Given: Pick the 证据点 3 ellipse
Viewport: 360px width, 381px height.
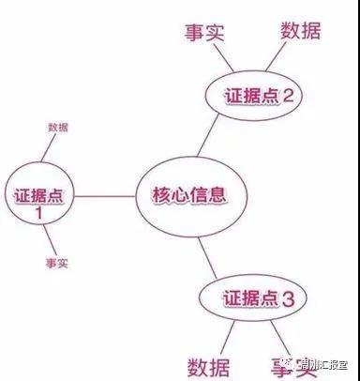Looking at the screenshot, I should (x=249, y=299).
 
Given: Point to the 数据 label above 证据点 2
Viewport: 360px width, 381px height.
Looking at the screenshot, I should (x=300, y=30).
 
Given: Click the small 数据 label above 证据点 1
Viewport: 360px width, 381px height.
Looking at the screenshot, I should (x=56, y=127).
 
